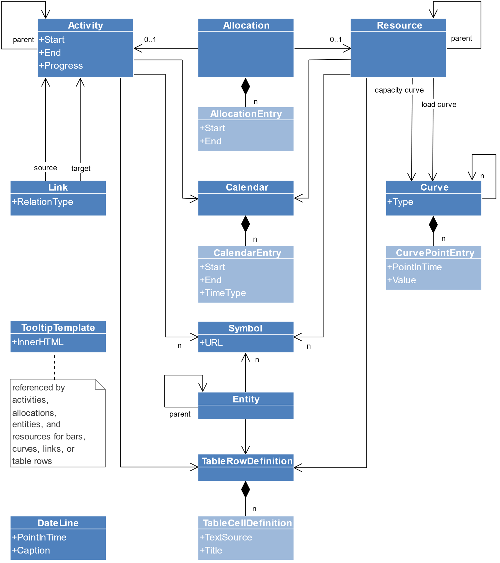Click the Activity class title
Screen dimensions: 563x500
pyautogui.click(x=85, y=25)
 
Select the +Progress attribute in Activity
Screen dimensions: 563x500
pyautogui.click(x=61, y=66)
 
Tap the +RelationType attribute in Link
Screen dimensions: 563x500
pyautogui.click(x=42, y=202)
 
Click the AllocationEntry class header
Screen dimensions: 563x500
pyautogui.click(x=246, y=114)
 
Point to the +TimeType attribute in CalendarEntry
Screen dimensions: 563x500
pyautogui.click(x=222, y=293)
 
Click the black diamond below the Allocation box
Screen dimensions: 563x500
pyautogui.click(x=245, y=87)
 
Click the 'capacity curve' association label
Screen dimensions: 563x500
pyautogui.click(x=399, y=90)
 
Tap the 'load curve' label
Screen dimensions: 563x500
pyautogui.click(x=439, y=104)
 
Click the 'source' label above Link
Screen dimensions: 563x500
pyautogui.click(x=45, y=168)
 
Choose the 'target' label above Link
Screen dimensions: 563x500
pyautogui.click(x=81, y=168)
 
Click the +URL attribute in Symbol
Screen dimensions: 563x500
pyautogui.click(x=211, y=343)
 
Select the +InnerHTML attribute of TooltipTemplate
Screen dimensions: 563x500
pyautogui.click(x=37, y=342)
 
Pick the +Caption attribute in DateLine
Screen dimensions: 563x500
pyautogui.click(x=31, y=550)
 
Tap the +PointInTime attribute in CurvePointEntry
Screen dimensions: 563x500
pyautogui.click(x=414, y=267)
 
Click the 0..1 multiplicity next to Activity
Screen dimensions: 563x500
pyautogui.click(x=150, y=40)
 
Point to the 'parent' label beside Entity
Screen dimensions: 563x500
pyautogui.click(x=180, y=414)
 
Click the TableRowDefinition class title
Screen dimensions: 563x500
pyautogui.click(x=247, y=461)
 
